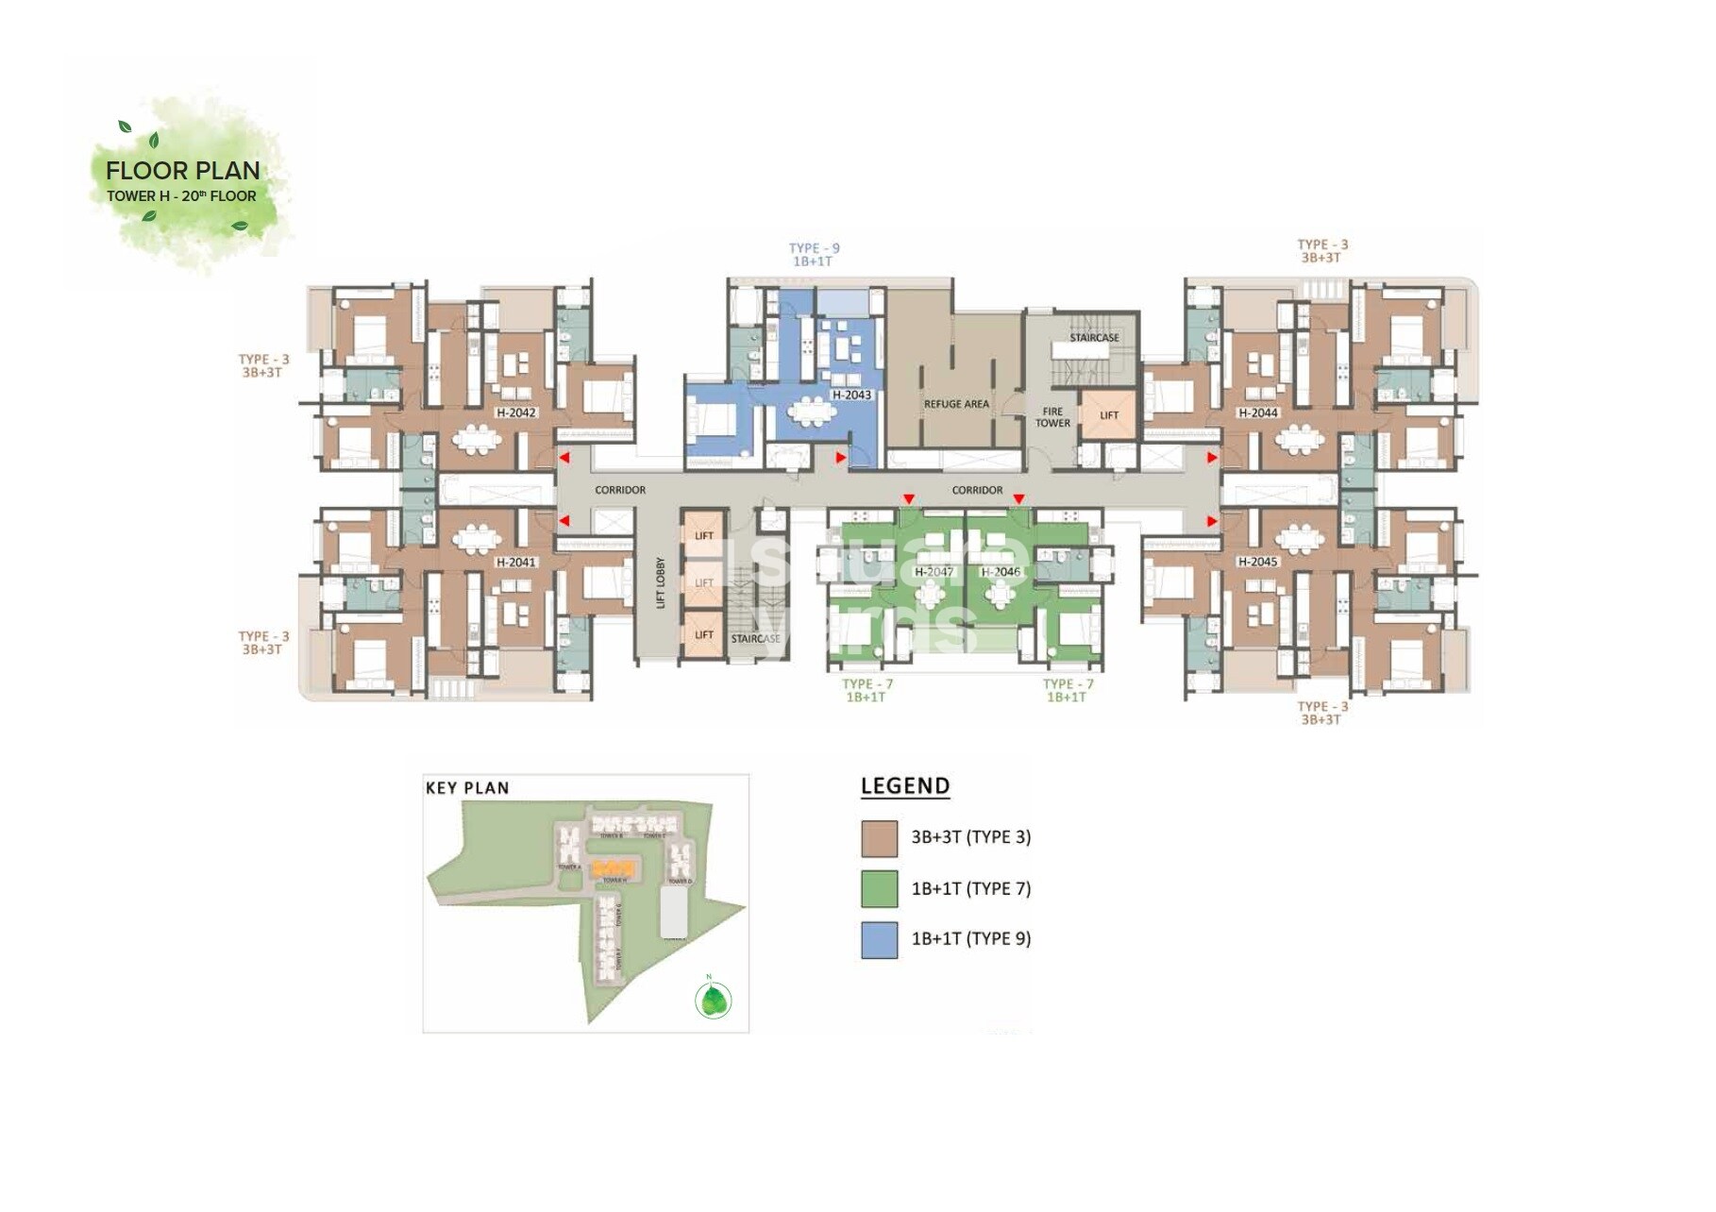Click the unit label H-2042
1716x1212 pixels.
pos(515,412)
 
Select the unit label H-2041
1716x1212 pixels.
pos(515,563)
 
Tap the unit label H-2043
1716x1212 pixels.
pos(851,395)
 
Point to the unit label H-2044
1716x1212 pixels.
pos(1257,412)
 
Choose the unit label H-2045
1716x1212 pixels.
pos(1257,562)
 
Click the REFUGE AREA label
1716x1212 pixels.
pos(956,404)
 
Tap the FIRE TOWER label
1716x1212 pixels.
pos(1052,417)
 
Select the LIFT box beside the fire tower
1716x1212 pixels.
pos(1108,415)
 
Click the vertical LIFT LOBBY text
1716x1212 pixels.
pos(661,582)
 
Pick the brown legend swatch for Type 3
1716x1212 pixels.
pos(879,838)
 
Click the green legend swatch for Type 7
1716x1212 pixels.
pos(879,889)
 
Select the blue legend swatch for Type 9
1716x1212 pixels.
pos(879,940)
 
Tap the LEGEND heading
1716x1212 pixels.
pos(904,786)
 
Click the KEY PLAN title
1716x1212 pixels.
pos(467,788)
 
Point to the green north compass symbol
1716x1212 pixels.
pos(713,1000)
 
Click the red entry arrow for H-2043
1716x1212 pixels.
pos(841,458)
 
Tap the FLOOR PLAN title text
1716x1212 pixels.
pos(183,171)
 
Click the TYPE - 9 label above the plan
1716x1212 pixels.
pos(814,248)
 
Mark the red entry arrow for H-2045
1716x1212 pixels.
pos(1213,521)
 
